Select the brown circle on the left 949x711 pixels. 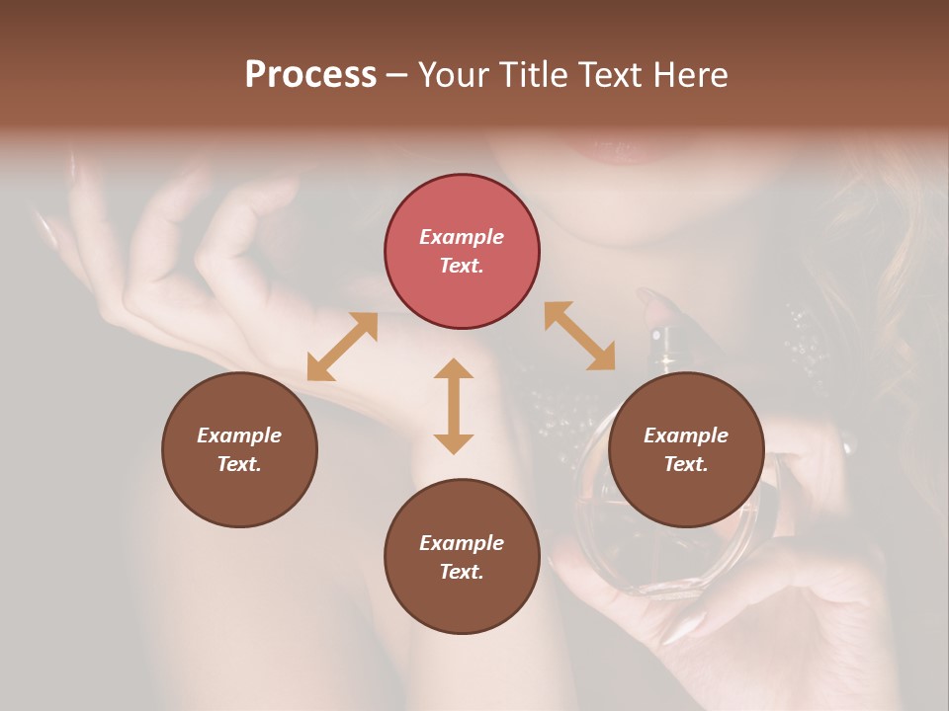(239, 449)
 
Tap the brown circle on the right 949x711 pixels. (686, 449)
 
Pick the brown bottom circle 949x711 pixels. (462, 557)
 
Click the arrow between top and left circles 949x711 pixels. (342, 347)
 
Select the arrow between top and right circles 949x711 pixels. (579, 337)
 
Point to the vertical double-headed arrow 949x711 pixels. (454, 406)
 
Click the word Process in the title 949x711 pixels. (310, 74)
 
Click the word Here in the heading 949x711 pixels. (692, 74)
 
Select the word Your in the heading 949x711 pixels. (452, 75)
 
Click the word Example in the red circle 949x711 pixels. (462, 237)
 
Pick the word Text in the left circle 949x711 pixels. (239, 464)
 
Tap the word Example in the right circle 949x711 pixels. (686, 435)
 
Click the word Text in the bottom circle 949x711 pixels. (462, 572)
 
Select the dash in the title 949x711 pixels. (397, 75)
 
